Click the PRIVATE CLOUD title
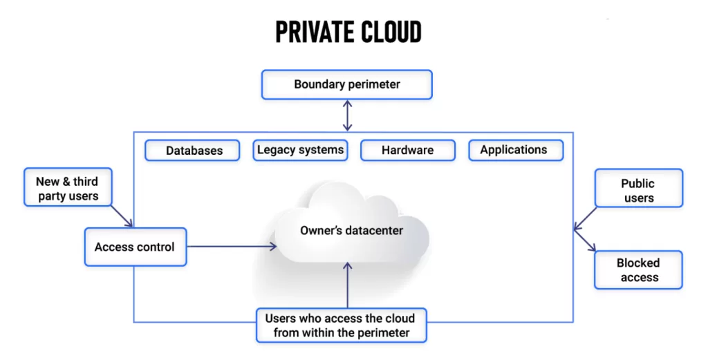click(x=348, y=32)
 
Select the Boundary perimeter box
click(x=346, y=85)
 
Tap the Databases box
click(x=192, y=151)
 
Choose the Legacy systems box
click(x=299, y=150)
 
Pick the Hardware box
click(x=408, y=150)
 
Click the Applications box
click(x=515, y=150)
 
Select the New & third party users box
click(x=67, y=189)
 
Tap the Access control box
click(x=135, y=247)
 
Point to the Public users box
click(x=637, y=191)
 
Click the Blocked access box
click(x=638, y=270)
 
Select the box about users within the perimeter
click(x=341, y=325)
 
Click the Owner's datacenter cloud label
click(x=351, y=231)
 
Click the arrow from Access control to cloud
click(x=232, y=246)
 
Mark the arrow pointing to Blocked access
click(x=585, y=241)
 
